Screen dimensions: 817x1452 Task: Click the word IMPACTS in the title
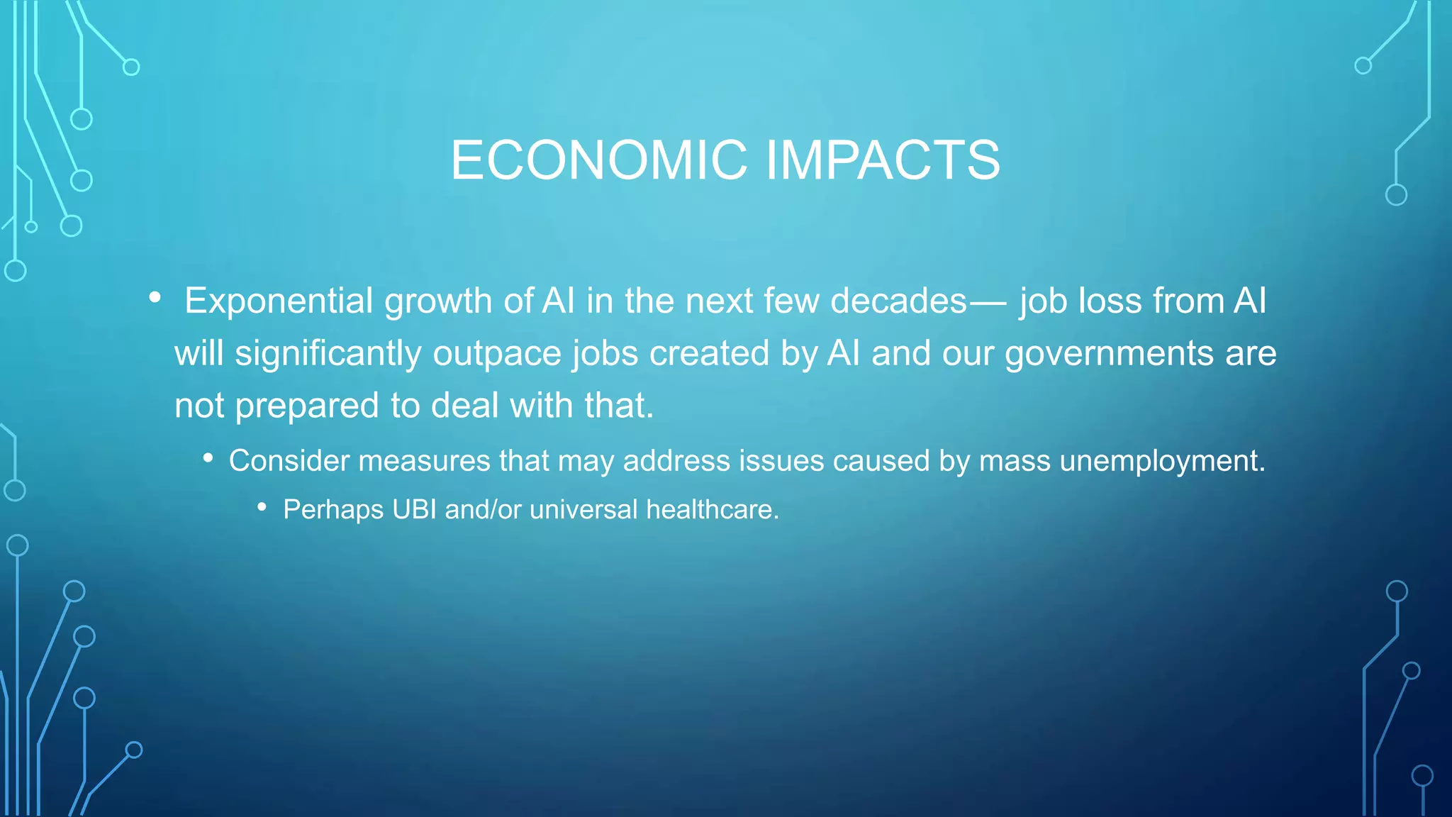pos(883,160)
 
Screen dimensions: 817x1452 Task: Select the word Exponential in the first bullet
pos(279,301)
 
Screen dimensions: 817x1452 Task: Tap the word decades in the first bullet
pos(898,301)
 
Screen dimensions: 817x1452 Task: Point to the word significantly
pos(328,353)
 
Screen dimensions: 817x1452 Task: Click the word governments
pos(1109,353)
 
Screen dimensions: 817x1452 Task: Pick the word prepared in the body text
pos(307,406)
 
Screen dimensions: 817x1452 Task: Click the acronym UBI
pos(414,509)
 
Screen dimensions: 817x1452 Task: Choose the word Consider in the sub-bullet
pos(289,461)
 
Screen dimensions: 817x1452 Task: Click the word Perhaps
pos(333,509)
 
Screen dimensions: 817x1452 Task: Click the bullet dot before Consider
pos(208,458)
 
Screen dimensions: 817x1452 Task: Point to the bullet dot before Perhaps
pos(262,507)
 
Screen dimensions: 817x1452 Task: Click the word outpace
pos(497,353)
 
